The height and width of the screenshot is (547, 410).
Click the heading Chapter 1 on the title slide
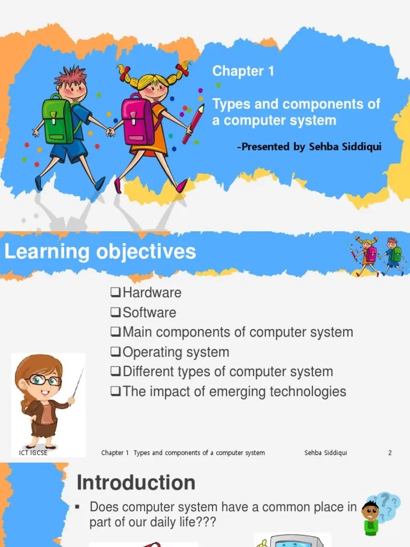(x=243, y=71)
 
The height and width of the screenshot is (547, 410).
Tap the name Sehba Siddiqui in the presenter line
(x=345, y=146)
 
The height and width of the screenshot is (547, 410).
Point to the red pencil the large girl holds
(x=193, y=124)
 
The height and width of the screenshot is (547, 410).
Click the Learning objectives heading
(x=100, y=252)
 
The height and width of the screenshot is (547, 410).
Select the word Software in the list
(x=149, y=312)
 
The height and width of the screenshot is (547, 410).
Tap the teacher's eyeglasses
(x=46, y=380)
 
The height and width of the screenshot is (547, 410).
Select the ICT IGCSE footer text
(x=33, y=453)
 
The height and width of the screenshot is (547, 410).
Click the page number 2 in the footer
(x=390, y=453)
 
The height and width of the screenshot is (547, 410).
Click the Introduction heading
(x=136, y=483)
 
